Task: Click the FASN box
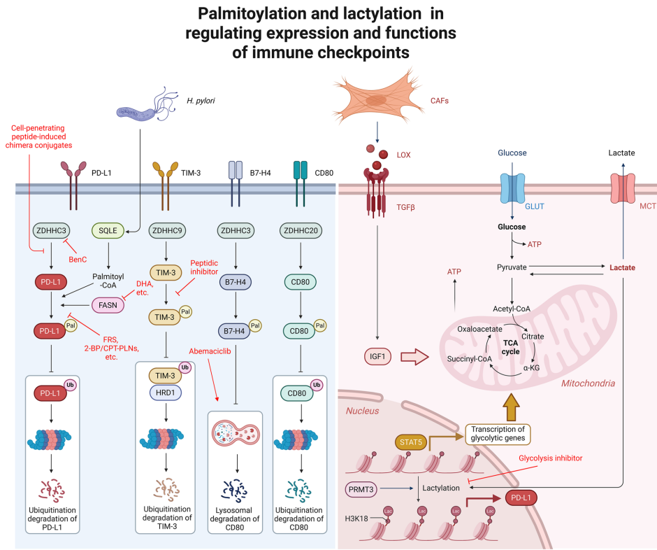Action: [x=113, y=305]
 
